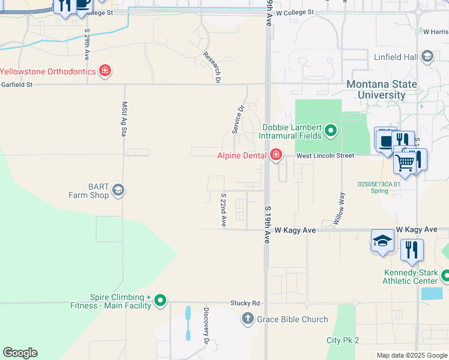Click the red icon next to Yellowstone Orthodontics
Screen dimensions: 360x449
tap(105, 71)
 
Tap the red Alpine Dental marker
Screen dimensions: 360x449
tap(276, 155)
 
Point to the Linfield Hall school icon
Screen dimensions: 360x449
tap(427, 57)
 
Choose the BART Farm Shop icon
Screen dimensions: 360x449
tap(118, 190)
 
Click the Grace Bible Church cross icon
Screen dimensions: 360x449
tap(247, 319)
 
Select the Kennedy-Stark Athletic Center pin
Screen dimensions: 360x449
tap(445, 275)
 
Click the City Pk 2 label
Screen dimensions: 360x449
tap(342, 340)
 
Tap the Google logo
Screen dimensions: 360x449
tap(20, 353)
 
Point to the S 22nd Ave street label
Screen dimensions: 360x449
tap(223, 209)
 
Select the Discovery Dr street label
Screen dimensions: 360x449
tap(205, 326)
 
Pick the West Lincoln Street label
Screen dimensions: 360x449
tap(325, 155)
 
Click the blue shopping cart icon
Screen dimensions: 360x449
tap(405, 161)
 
